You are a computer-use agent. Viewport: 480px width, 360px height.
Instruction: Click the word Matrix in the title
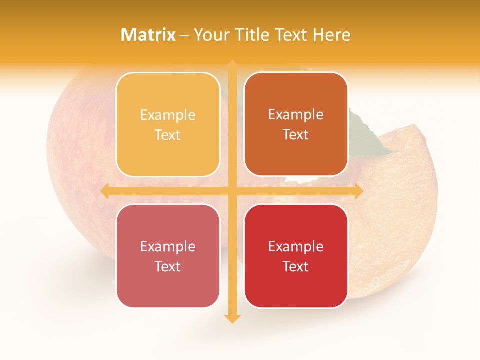click(148, 35)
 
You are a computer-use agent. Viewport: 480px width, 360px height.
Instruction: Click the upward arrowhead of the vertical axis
click(232, 64)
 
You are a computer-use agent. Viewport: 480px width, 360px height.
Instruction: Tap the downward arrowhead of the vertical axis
click(232, 318)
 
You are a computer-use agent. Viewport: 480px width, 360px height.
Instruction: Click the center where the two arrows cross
click(232, 191)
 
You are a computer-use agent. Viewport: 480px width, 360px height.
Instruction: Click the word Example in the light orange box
click(168, 115)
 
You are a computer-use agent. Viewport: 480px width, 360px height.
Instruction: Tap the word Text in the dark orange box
click(296, 135)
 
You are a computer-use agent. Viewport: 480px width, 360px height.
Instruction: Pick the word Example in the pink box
click(168, 247)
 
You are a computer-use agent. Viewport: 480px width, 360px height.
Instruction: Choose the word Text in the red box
click(296, 266)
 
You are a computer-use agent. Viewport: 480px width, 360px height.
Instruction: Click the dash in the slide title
click(184, 35)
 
